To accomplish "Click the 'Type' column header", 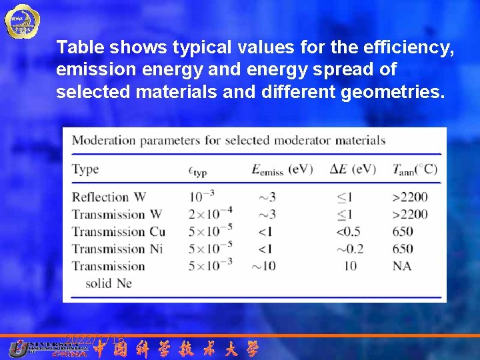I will [x=85, y=169].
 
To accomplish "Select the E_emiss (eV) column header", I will [x=281, y=169].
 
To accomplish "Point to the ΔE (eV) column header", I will [x=353, y=169].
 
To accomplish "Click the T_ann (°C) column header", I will [x=415, y=169].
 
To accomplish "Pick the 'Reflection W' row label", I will [x=109, y=197].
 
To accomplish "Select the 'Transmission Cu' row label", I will [x=119, y=231].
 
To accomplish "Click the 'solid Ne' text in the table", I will [x=108, y=283].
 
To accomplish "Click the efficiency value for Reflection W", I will [x=203, y=196].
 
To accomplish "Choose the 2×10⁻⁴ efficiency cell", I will [x=210, y=213].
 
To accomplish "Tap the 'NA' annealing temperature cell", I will [x=403, y=266].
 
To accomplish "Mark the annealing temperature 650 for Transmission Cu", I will [x=403, y=231].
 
